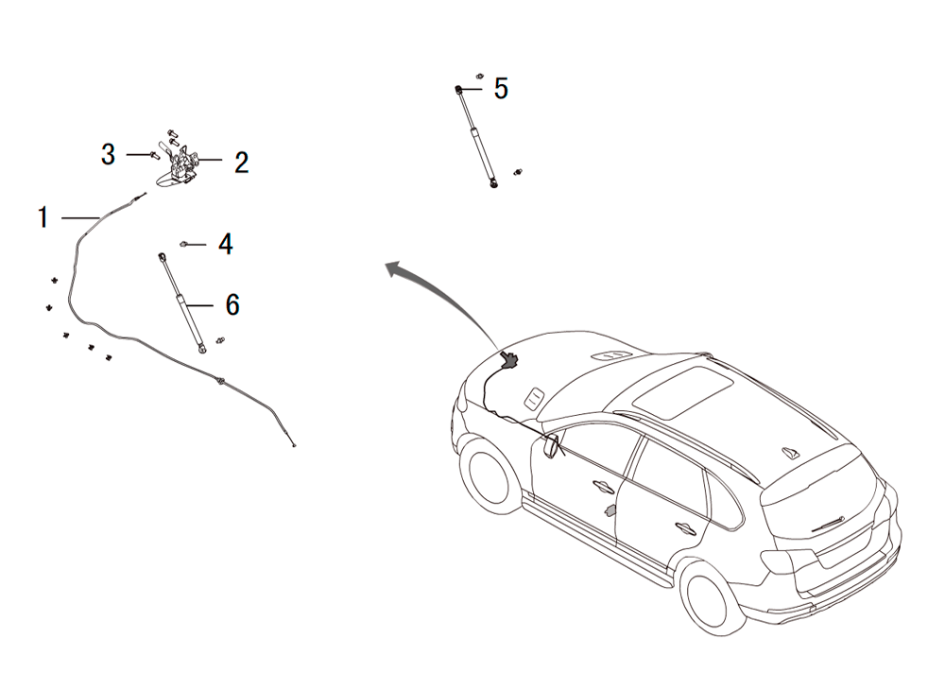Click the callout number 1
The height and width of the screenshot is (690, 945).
(43, 217)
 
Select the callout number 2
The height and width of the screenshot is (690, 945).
(241, 163)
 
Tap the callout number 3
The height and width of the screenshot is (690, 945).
(108, 155)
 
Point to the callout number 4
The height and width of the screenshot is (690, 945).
(226, 244)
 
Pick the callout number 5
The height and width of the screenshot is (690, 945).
(501, 89)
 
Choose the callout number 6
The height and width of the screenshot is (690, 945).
(232, 305)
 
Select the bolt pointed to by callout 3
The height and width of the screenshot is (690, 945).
(154, 155)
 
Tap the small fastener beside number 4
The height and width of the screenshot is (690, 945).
(184, 244)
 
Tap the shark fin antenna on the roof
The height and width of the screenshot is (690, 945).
(790, 452)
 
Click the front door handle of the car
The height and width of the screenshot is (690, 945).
(603, 485)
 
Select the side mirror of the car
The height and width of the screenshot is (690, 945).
(551, 445)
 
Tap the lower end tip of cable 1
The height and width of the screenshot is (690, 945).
(294, 446)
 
